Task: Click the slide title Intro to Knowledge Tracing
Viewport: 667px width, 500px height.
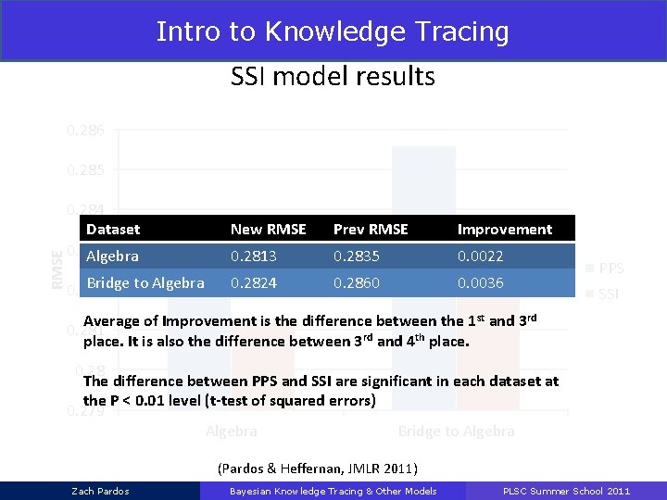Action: click(x=333, y=31)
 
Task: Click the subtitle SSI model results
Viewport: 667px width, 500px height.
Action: click(x=333, y=76)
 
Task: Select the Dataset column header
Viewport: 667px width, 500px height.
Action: click(x=113, y=229)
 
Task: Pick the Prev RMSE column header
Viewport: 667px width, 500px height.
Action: click(x=371, y=229)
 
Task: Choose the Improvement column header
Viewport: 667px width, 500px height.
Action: click(x=504, y=229)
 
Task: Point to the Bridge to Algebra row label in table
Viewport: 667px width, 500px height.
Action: click(x=145, y=282)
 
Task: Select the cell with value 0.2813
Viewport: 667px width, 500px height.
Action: click(x=254, y=256)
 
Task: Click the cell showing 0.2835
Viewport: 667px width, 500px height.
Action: click(x=357, y=256)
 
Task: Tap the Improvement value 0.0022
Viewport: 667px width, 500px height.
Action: click(x=481, y=256)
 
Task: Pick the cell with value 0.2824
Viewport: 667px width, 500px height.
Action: click(x=254, y=282)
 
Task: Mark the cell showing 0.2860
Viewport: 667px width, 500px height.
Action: click(x=357, y=282)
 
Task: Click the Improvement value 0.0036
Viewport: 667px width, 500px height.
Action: click(x=481, y=282)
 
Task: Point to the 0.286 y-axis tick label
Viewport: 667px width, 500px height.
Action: click(x=92, y=131)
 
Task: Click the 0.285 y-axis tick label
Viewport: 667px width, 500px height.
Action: click(x=92, y=170)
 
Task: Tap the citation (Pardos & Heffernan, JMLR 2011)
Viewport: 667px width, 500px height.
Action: click(x=318, y=468)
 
